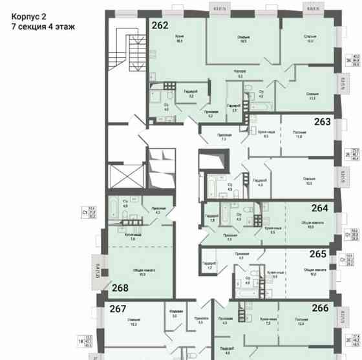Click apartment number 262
click(x=160, y=26)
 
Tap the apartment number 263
click(x=322, y=121)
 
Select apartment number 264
click(x=319, y=208)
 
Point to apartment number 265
click(x=318, y=255)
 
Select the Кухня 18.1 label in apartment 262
click(x=180, y=39)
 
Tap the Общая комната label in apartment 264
click(x=312, y=224)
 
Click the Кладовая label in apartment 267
click(x=175, y=315)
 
